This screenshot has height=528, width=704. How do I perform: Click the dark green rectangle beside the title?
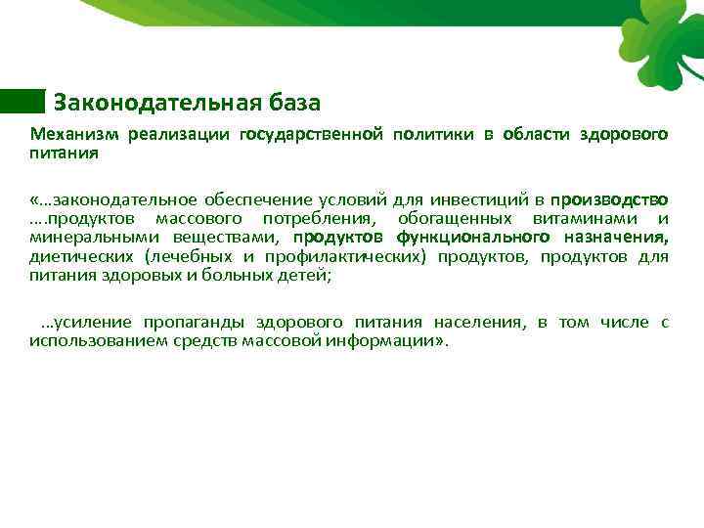click(22, 101)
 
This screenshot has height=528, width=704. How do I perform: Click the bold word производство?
click(609, 198)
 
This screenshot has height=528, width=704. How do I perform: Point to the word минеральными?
click(96, 237)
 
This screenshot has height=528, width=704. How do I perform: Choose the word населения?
click(477, 322)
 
